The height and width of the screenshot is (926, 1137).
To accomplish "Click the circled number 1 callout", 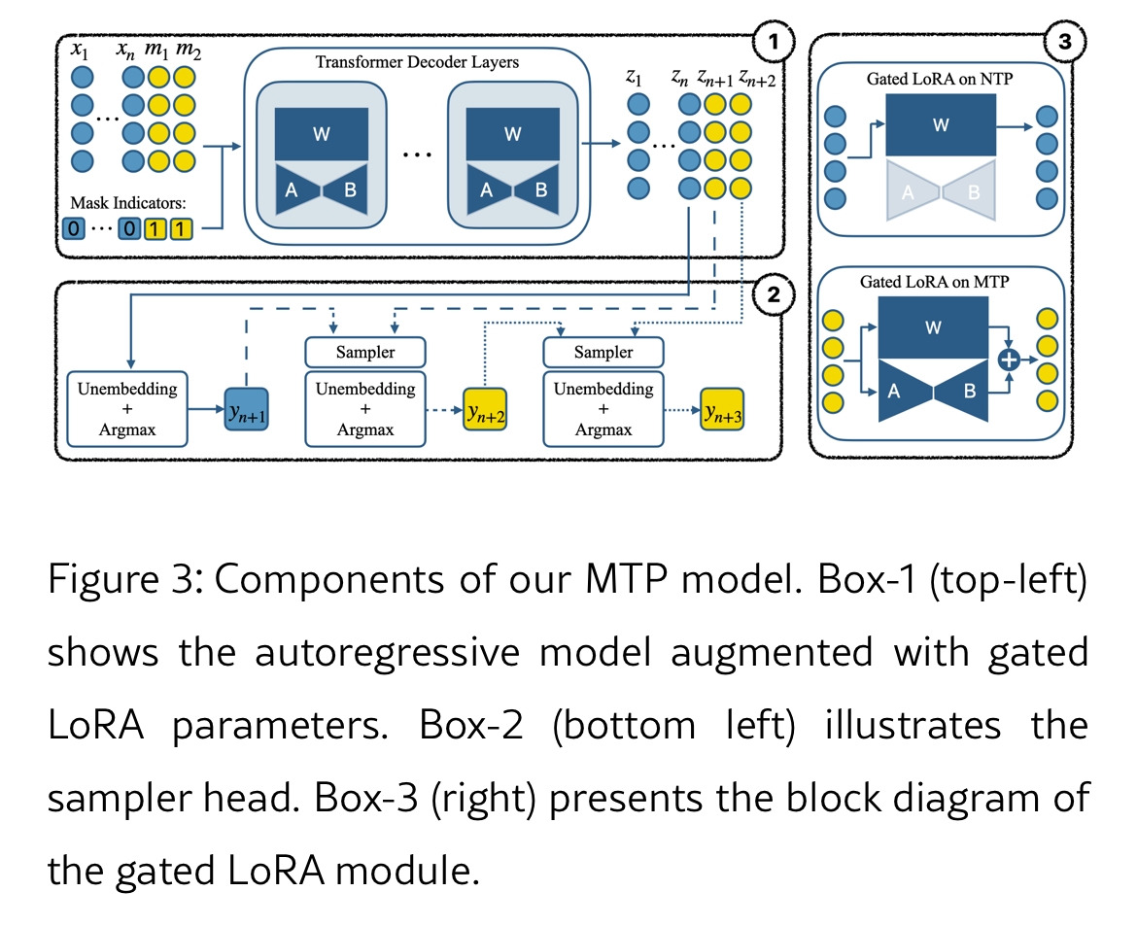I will pos(774,42).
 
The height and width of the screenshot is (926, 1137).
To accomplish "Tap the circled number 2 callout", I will pos(774,295).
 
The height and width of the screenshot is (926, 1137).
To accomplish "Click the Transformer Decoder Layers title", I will pos(417,62).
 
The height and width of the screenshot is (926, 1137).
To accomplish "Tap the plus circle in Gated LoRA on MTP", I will pos(1010,360).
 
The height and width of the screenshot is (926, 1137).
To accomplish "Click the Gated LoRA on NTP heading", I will pos(939,79).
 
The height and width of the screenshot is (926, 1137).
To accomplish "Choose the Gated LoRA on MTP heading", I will pos(934,282).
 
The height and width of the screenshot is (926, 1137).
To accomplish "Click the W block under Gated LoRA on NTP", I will pos(940,123).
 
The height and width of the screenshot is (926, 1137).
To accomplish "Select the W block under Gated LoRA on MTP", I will pos(933,327).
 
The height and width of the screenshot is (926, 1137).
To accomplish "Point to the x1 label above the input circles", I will pos(83,49).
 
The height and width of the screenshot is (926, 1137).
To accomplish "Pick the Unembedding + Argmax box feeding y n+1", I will pos(128,408).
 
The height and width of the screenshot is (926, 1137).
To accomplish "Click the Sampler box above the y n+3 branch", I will pos(603,352).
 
